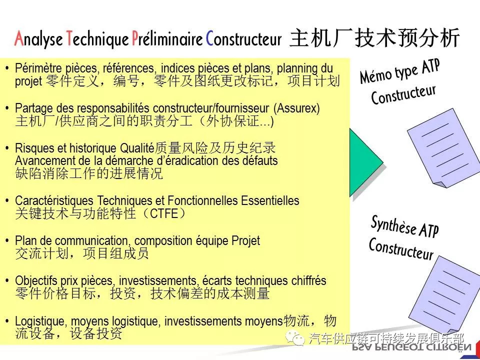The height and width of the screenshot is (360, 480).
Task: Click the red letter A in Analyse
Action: [x=19, y=38]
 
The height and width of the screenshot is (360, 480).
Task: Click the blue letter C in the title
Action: [x=209, y=38]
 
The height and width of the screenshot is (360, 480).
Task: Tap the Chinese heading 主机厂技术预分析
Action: [x=374, y=37]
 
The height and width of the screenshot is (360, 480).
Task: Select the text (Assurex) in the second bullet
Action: [x=296, y=108]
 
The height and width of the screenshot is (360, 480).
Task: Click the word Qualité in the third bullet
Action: [x=137, y=148]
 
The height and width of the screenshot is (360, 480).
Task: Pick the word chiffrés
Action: [x=308, y=281]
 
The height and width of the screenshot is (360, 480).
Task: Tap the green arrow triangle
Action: [x=366, y=162]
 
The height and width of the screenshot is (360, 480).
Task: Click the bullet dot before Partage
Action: [x=6, y=108]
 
